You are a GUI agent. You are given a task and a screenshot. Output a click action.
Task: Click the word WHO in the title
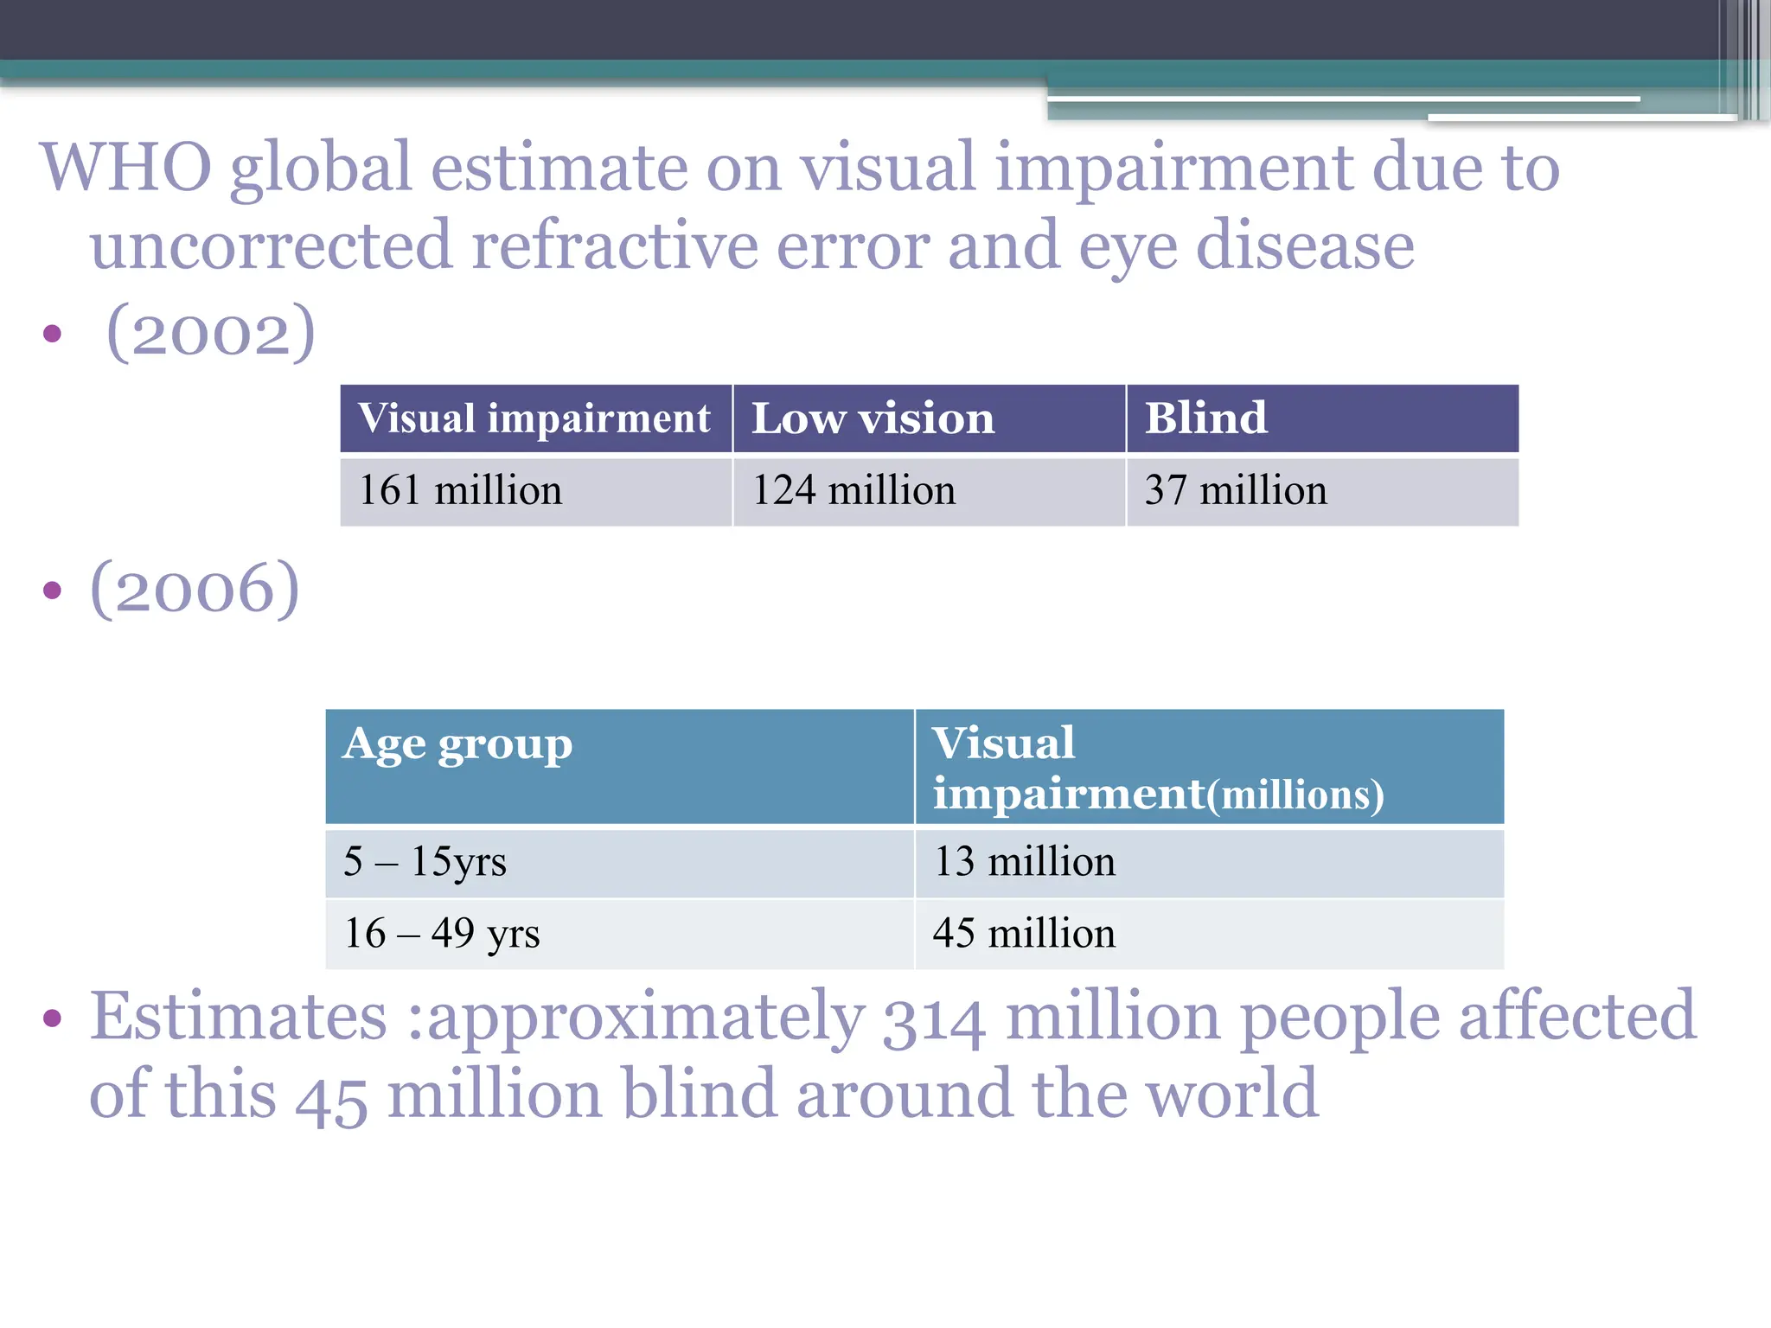(126, 167)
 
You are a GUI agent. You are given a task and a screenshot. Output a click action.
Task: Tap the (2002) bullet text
(210, 332)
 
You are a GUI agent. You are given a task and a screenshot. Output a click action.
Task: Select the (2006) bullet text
(195, 589)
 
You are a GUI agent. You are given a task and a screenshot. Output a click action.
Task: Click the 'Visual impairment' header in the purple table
(534, 418)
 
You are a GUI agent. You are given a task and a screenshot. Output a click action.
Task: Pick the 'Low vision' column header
(873, 418)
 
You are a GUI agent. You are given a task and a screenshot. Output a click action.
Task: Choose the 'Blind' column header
(1205, 418)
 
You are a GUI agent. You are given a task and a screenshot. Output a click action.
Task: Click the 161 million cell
(460, 490)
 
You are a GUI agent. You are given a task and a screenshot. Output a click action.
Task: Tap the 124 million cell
(854, 490)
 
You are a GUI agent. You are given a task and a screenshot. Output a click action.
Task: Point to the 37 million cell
(1235, 490)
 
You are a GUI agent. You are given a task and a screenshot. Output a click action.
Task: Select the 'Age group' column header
(457, 744)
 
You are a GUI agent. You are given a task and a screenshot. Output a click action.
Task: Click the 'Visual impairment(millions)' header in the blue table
(1157, 768)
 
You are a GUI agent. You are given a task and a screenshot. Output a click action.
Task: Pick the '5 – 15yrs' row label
(425, 862)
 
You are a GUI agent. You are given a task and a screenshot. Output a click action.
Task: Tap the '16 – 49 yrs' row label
(442, 934)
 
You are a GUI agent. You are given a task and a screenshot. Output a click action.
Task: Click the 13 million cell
(1024, 862)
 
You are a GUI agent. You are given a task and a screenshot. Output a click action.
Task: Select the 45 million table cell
(1024, 934)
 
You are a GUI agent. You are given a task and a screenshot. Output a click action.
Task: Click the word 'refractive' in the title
(614, 246)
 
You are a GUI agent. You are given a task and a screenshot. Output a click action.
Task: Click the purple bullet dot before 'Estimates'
(53, 1018)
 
